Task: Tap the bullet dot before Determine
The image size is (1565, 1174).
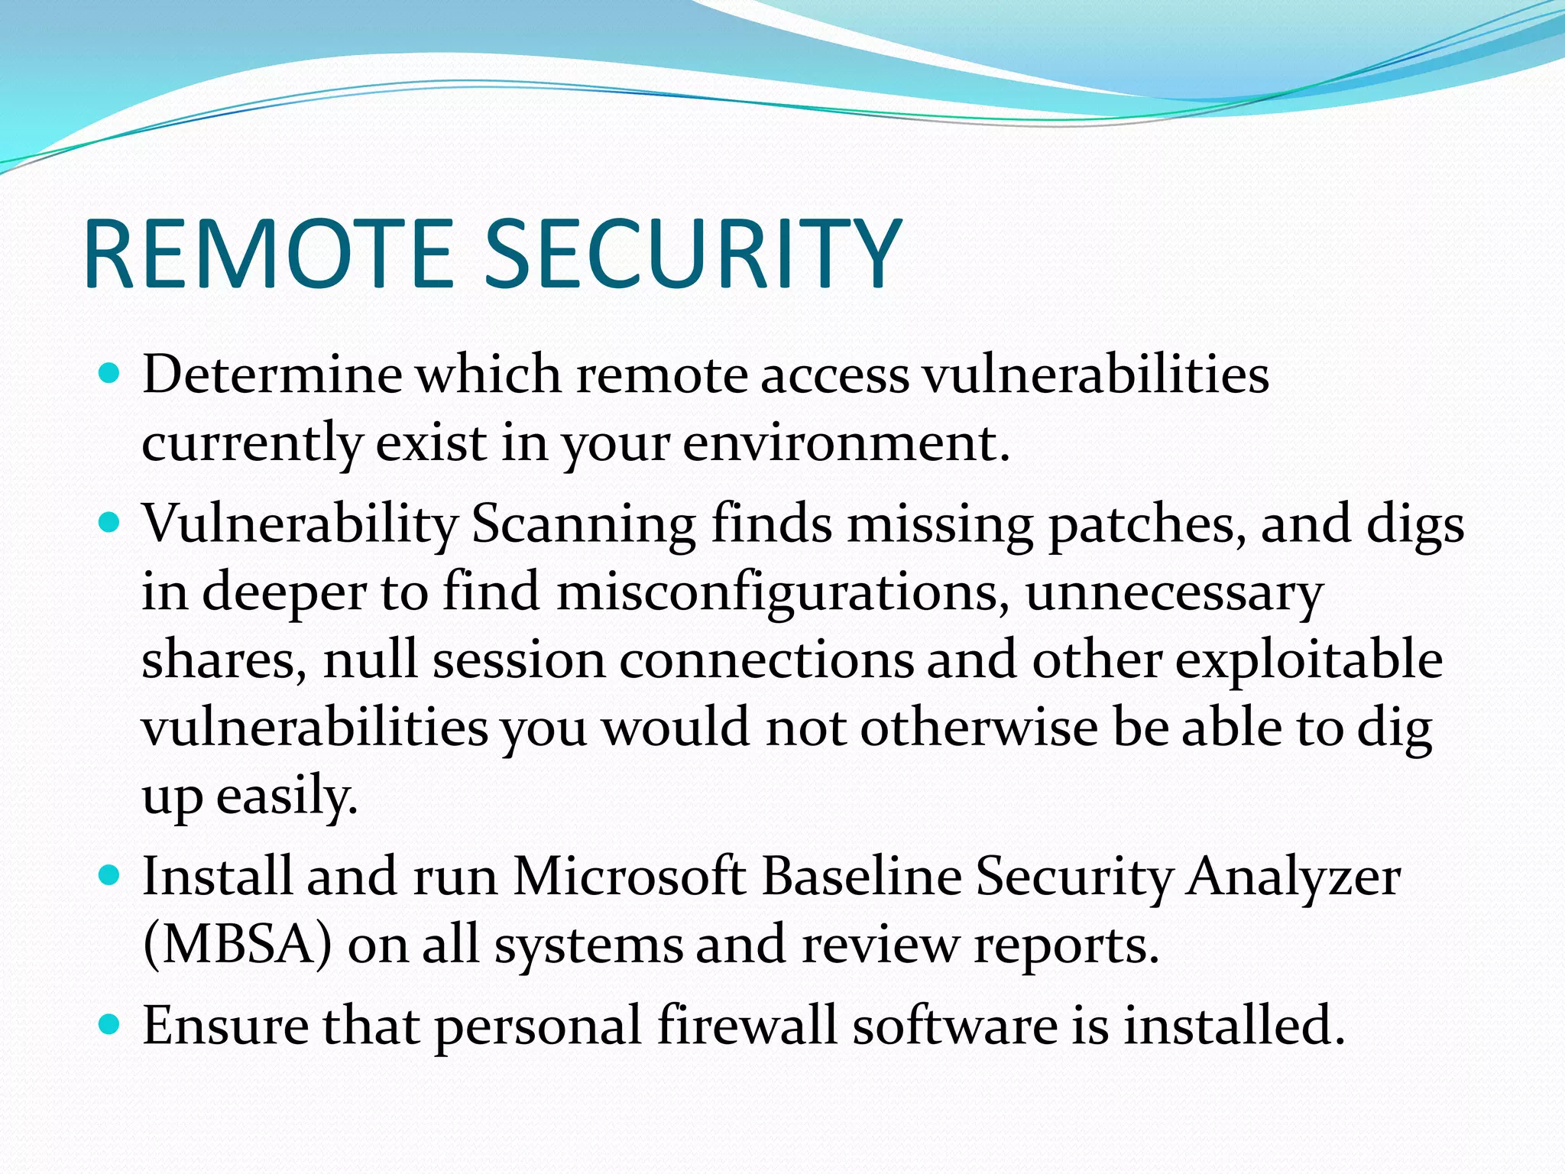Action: coord(111,374)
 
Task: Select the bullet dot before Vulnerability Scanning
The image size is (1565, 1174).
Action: coord(111,523)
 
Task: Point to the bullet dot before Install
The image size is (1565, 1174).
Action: coord(111,875)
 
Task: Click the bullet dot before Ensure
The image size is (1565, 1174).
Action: coord(111,1024)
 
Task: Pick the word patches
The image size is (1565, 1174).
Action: coord(1146,526)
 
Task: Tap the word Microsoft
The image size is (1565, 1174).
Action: coord(629,876)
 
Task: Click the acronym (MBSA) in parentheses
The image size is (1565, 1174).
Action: coord(238,945)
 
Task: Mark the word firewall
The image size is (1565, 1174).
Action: coord(747,1025)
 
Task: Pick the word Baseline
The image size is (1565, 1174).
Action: coord(861,876)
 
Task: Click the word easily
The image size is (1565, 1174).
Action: coord(287,797)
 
